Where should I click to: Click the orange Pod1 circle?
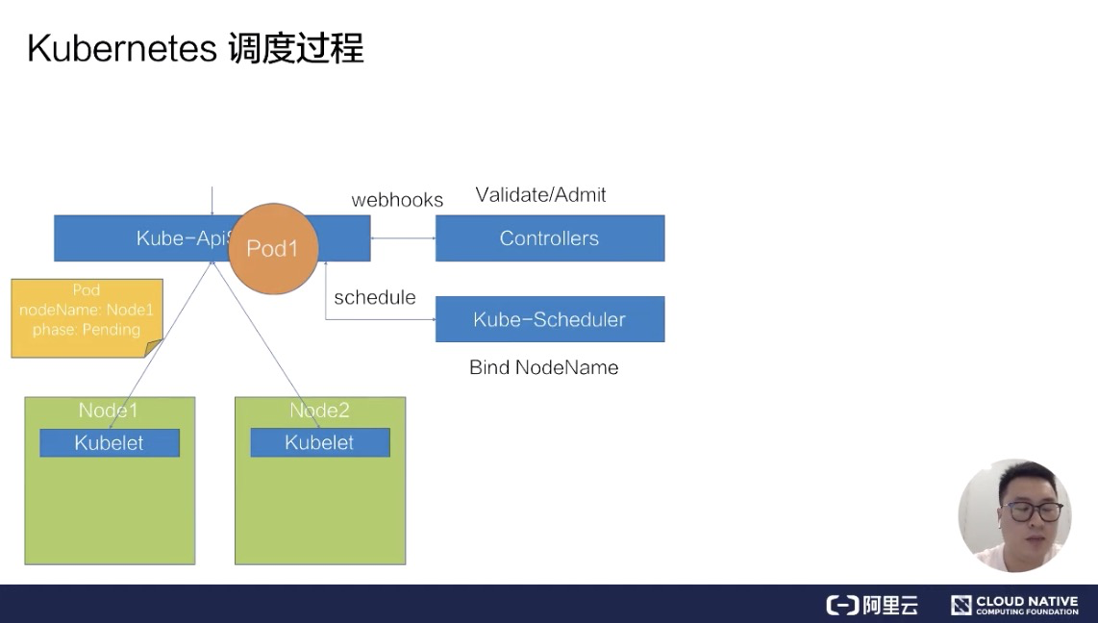pyautogui.click(x=273, y=248)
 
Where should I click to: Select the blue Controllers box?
pyautogui.click(x=549, y=238)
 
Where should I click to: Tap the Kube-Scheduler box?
pyautogui.click(x=549, y=319)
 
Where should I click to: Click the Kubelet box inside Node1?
pyautogui.click(x=109, y=442)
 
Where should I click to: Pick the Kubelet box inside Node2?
pyautogui.click(x=319, y=442)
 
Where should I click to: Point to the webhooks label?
pyautogui.click(x=397, y=200)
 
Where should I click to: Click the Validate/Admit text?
pyautogui.click(x=540, y=195)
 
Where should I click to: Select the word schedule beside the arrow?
pyautogui.click(x=375, y=297)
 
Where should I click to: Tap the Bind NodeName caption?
pyautogui.click(x=543, y=367)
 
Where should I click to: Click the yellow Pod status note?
pyautogui.click(x=87, y=317)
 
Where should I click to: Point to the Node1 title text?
pyautogui.click(x=108, y=411)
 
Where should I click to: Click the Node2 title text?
pyautogui.click(x=319, y=411)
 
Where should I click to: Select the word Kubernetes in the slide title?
pyautogui.click(x=122, y=48)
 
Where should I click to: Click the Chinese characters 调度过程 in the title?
pyautogui.click(x=296, y=48)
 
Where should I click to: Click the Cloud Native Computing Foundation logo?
pyautogui.click(x=1014, y=605)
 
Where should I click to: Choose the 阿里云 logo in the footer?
pyautogui.click(x=872, y=605)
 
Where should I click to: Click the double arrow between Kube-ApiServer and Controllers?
pyautogui.click(x=403, y=238)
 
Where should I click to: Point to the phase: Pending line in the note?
pyautogui.click(x=87, y=330)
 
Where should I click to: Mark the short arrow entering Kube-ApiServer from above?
pyautogui.click(x=212, y=200)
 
